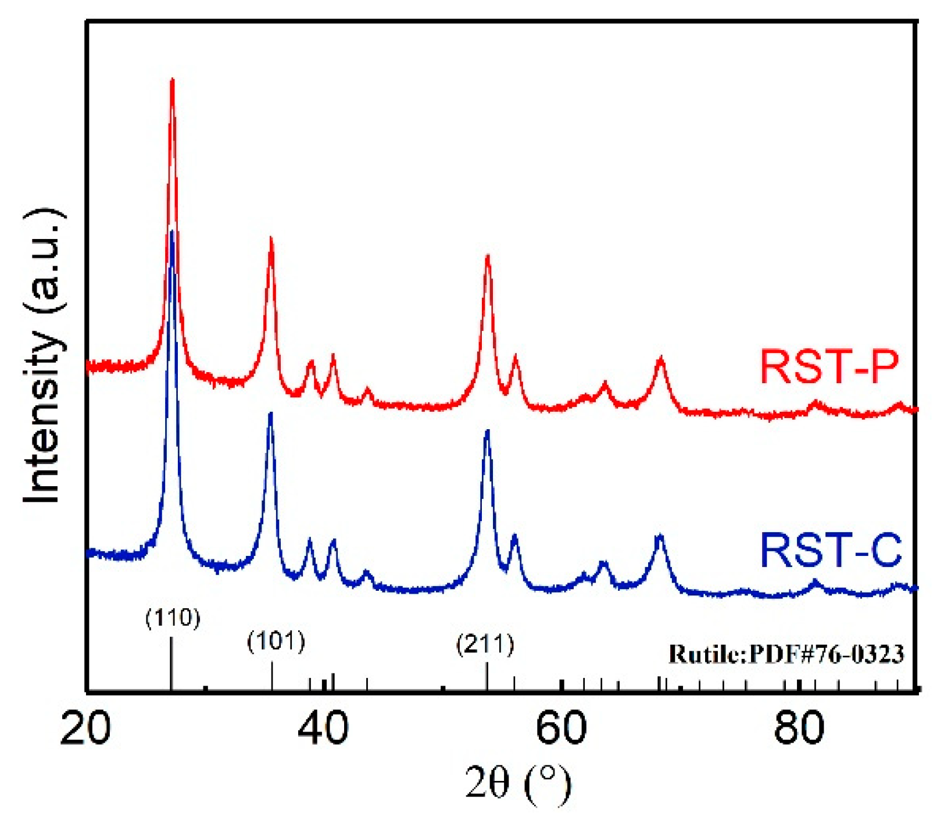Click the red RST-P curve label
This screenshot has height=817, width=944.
click(x=829, y=366)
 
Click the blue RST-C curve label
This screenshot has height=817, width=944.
click(x=831, y=550)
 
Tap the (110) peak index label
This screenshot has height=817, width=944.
click(x=173, y=618)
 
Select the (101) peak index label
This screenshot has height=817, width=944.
click(x=276, y=642)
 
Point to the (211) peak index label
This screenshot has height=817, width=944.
click(x=485, y=644)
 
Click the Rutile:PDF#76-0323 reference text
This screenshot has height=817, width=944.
click(x=786, y=654)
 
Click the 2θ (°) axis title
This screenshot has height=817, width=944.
click(x=517, y=783)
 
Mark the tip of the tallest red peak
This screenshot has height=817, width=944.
click(x=172, y=80)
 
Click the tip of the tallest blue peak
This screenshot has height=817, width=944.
click(x=171, y=231)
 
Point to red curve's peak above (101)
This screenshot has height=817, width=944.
click(x=270, y=238)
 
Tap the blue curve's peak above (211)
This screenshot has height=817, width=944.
click(x=488, y=431)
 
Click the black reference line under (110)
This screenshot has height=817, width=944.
click(x=171, y=663)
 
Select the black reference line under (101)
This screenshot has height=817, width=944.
click(x=272, y=676)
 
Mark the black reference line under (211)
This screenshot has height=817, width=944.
click(x=487, y=677)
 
